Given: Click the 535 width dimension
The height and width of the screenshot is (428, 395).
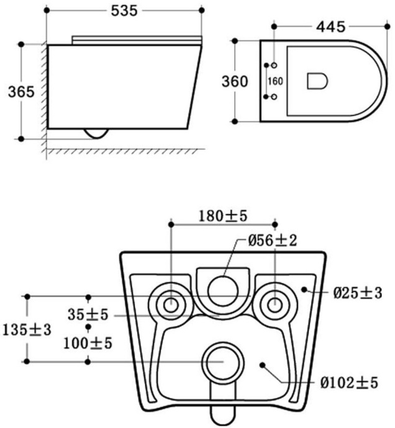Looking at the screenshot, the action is click(124, 11).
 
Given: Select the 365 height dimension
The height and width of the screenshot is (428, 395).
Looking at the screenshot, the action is click(21, 92).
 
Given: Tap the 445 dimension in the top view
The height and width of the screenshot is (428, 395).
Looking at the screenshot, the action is click(331, 27).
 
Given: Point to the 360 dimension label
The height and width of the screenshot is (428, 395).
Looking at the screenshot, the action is click(235, 82).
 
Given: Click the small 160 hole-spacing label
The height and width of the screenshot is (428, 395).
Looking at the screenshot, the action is click(275, 81).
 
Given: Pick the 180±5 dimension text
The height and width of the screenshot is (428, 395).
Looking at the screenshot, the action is click(223, 216).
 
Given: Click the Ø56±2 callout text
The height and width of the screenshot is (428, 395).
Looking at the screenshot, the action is click(272, 241).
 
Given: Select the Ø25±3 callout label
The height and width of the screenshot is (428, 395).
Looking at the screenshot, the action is click(358, 293).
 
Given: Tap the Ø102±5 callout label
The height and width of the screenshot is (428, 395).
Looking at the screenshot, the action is click(349, 383).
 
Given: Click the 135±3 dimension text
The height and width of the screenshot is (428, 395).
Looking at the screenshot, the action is click(27, 330).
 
